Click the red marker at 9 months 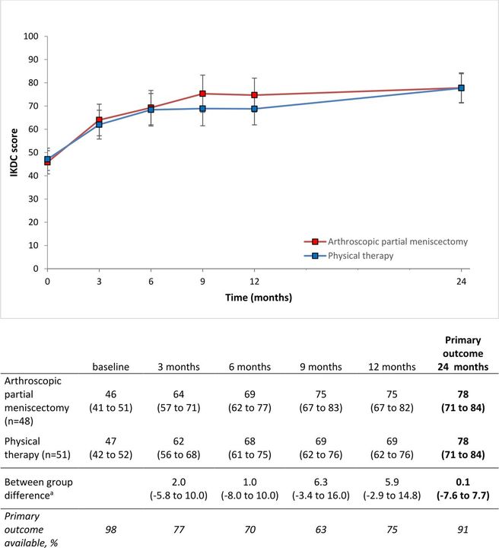tap(203, 94)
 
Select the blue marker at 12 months tap(254, 109)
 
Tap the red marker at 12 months tap(254, 95)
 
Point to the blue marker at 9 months tap(203, 108)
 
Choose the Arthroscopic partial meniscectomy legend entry tap(386, 241)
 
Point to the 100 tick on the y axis tap(30, 36)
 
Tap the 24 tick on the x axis tap(461, 280)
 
